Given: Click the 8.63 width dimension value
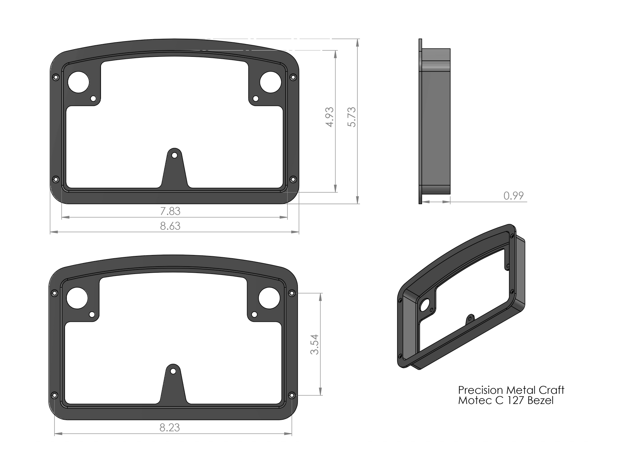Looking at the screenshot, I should click(170, 226).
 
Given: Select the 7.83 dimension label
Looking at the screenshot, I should click(170, 211).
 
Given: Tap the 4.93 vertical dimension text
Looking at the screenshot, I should click(330, 117).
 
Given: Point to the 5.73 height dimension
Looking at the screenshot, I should click(352, 117).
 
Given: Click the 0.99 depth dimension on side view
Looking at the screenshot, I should click(513, 196).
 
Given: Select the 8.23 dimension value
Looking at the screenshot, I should click(169, 428).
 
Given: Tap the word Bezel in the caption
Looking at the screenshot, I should click(540, 400).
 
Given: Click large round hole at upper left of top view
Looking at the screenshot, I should click(79, 82).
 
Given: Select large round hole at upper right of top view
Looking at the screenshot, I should click(270, 82).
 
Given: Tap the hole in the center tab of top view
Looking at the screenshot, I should click(175, 155).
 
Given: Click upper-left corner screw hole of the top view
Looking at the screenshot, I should click(56, 77).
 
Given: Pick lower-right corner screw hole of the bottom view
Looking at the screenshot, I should click(291, 395).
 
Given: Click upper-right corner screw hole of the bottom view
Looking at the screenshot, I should click(291, 293).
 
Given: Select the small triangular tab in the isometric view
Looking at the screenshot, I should click(470, 320).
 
